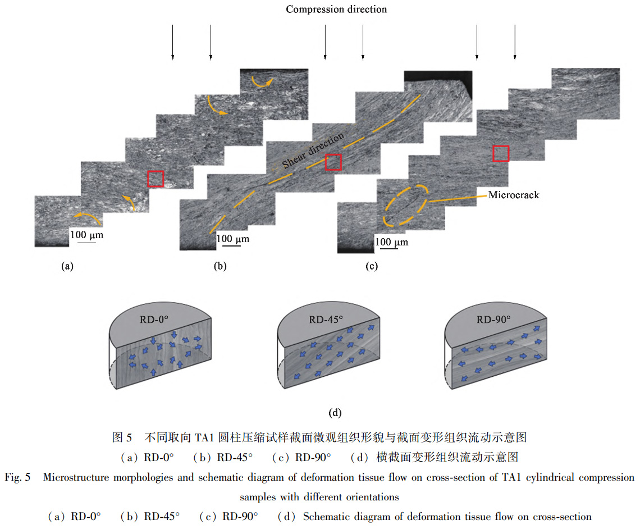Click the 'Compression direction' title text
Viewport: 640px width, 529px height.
pyautogui.click(x=336, y=9)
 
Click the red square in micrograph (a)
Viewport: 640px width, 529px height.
pyautogui.click(x=156, y=179)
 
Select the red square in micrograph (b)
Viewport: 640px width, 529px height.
pyautogui.click(x=333, y=162)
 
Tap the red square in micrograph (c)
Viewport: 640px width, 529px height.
pyautogui.click(x=501, y=153)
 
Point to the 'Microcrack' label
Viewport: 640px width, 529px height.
pyautogui.click(x=513, y=195)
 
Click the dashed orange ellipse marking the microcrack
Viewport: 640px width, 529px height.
pyautogui.click(x=405, y=206)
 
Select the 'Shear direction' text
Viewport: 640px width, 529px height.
pyautogui.click(x=313, y=152)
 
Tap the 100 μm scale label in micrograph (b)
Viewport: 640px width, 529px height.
pyautogui.click(x=232, y=239)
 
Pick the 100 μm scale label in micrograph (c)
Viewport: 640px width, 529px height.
pyautogui.click(x=391, y=242)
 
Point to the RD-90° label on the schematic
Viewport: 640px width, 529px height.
pyautogui.click(x=493, y=320)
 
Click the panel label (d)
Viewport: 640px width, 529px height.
pyautogui.click(x=335, y=413)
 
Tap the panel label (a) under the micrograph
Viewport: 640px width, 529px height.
pyautogui.click(x=67, y=266)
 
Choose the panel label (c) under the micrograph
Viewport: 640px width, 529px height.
pyautogui.click(x=372, y=266)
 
